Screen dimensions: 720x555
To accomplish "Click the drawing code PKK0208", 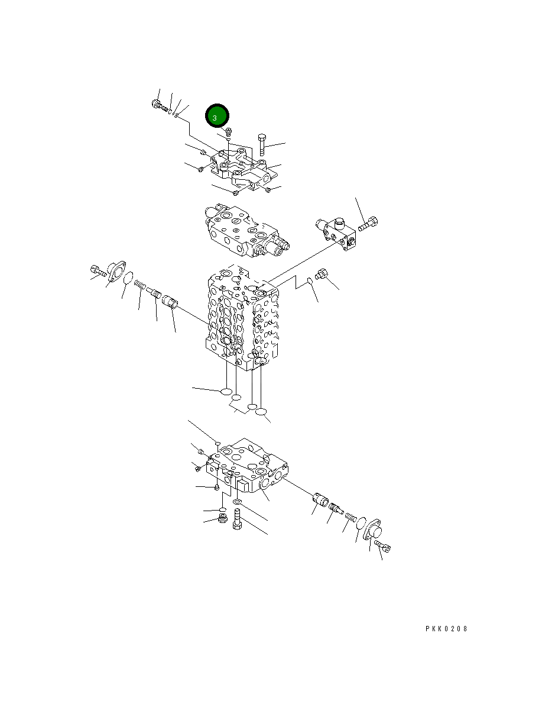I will (446, 629).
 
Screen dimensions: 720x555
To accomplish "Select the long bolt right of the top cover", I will (261, 145).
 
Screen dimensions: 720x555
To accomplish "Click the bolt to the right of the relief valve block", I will (367, 224).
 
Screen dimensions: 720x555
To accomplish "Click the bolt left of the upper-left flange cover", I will (97, 272).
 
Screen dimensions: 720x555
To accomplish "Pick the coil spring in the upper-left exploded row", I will (140, 285).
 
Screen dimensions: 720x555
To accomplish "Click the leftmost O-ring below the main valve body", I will (225, 391).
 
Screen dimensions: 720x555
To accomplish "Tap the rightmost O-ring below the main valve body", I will (262, 411).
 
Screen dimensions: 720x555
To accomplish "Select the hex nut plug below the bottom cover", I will (223, 519).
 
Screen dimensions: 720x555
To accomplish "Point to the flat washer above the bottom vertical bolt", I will (237, 502).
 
